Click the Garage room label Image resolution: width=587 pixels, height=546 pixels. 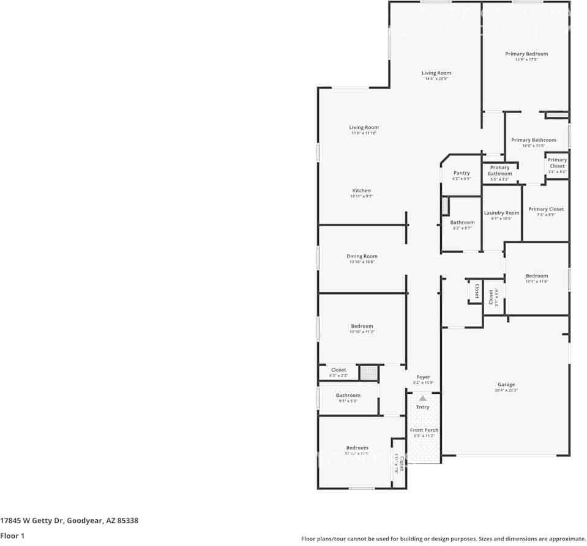[x=506, y=385]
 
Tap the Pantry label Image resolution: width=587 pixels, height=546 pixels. [x=462, y=173]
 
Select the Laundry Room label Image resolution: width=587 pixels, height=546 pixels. [x=501, y=213]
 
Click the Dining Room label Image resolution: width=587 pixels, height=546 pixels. [x=362, y=256]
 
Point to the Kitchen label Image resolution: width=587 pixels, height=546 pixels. [x=361, y=191]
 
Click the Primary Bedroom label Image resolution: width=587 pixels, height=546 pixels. [x=526, y=54]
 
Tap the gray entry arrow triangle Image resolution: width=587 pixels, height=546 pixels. [x=422, y=398]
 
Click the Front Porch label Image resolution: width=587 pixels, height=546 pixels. [x=424, y=430]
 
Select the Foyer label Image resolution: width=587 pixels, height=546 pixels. [x=423, y=377]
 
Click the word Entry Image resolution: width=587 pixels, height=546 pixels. [x=423, y=407]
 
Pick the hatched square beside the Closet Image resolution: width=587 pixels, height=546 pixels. [x=368, y=372]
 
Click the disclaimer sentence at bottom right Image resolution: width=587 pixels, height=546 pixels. [x=443, y=539]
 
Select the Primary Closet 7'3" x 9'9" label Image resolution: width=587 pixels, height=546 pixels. [x=546, y=209]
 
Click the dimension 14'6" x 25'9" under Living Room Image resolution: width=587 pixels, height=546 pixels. [x=436, y=79]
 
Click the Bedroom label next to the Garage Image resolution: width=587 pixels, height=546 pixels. [x=536, y=276]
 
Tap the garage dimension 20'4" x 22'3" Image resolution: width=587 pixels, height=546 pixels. [x=506, y=390]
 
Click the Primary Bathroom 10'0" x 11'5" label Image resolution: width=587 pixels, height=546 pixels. [x=534, y=140]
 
